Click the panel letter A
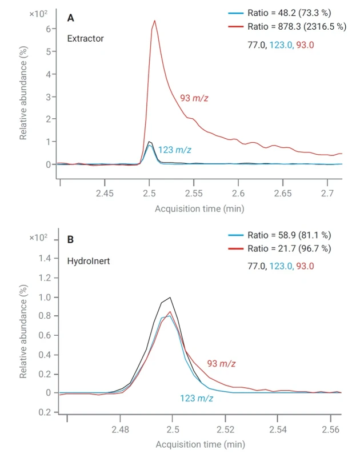click(x=70, y=18)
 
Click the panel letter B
click(x=70, y=240)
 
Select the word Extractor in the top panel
click(x=85, y=39)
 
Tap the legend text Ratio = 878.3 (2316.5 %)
click(x=297, y=26)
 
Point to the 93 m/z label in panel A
click(x=194, y=98)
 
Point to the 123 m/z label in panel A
click(x=174, y=150)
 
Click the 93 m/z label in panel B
click(x=221, y=364)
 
